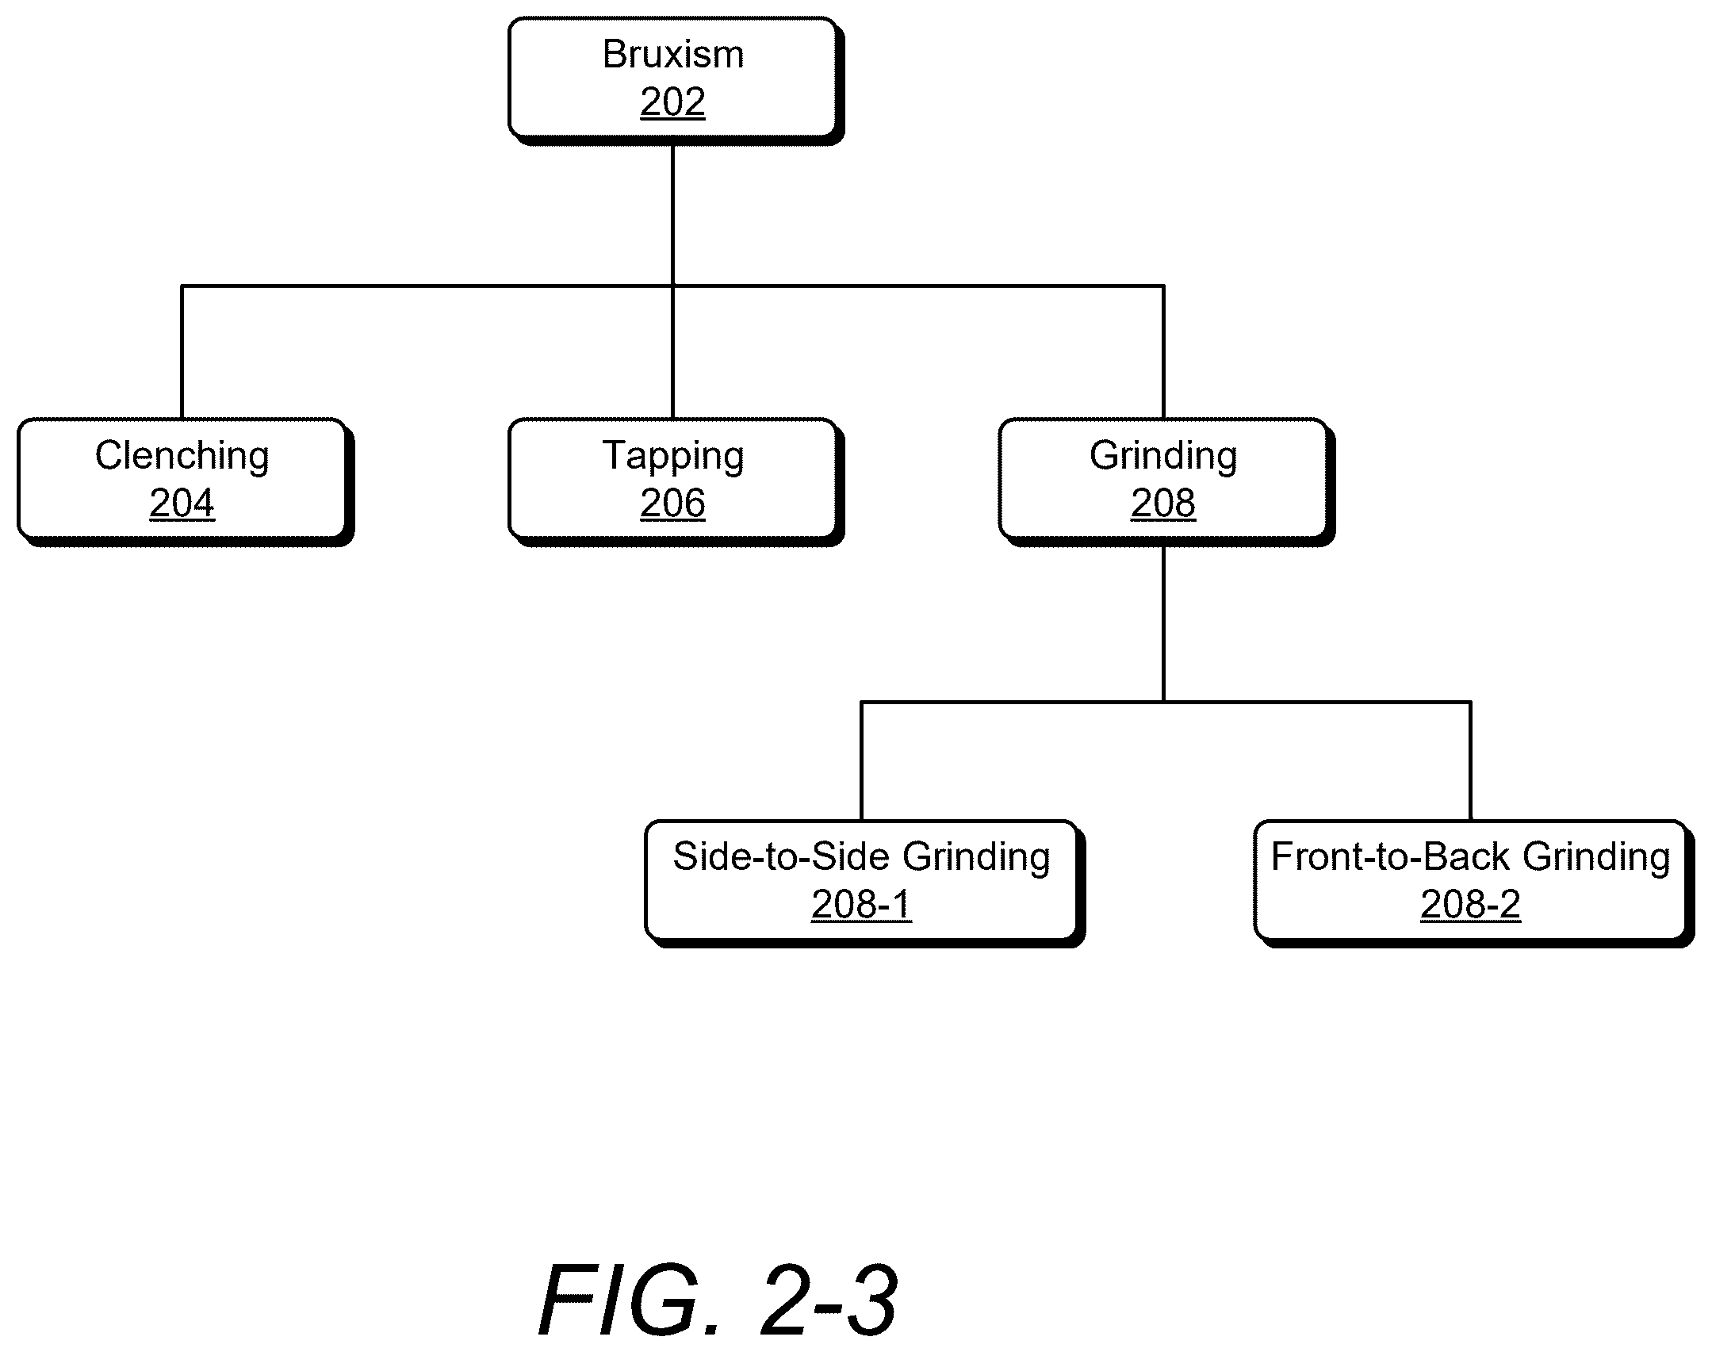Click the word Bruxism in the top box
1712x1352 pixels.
[x=673, y=55]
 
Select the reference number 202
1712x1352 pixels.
[x=672, y=102]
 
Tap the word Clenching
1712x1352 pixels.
[x=182, y=457]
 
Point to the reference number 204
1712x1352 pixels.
[x=182, y=504]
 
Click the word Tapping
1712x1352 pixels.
[x=673, y=457]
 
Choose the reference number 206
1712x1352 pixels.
[x=672, y=504]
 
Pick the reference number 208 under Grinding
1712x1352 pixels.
[x=1163, y=504]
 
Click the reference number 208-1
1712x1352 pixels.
[x=861, y=905]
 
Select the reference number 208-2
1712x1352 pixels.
[x=1470, y=905]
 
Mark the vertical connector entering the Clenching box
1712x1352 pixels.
[x=182, y=352]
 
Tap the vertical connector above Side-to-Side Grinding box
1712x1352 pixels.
[x=861, y=761]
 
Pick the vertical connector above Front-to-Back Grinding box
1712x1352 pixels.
[x=1470, y=761]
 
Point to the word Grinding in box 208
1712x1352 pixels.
[x=1163, y=457]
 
